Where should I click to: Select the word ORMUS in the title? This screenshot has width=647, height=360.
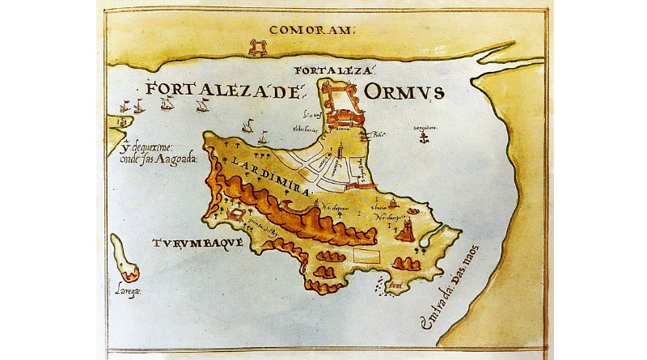coord(404,91)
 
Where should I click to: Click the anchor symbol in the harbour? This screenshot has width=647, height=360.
coord(421,139)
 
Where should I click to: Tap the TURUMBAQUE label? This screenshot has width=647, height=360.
coord(185,242)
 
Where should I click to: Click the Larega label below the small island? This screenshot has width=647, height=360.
coord(128,292)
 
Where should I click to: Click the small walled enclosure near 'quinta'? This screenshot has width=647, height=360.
coord(235,216)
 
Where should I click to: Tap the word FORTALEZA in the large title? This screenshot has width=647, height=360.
coord(213,91)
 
